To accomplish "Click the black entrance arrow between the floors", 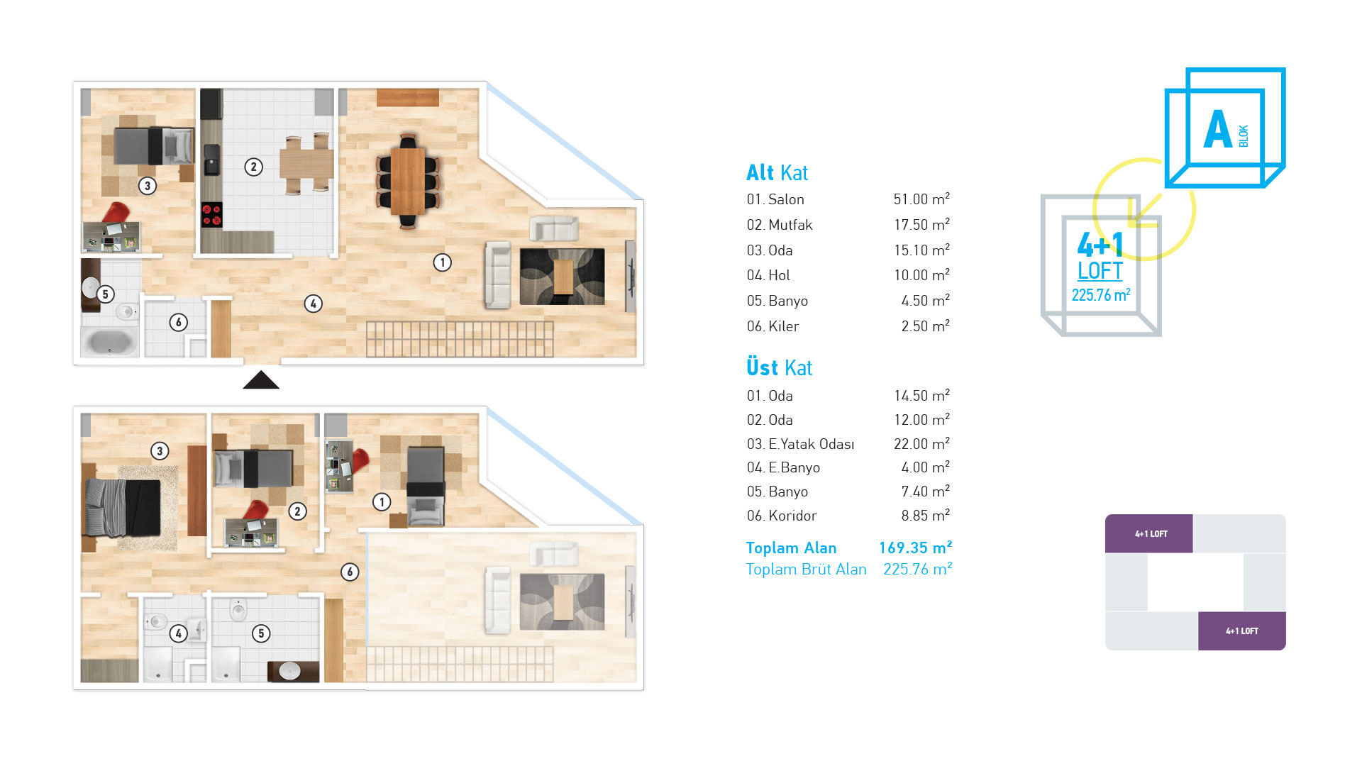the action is pyautogui.click(x=261, y=380).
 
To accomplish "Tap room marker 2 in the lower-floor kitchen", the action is pyautogui.click(x=253, y=167).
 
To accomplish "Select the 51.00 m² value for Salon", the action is pyautogui.click(x=921, y=199).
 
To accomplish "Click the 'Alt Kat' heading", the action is pyautogui.click(x=777, y=172).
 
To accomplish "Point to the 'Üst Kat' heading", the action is pyautogui.click(x=779, y=367).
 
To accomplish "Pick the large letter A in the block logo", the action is pyautogui.click(x=1218, y=129).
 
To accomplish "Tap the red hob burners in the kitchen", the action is pyautogui.click(x=211, y=215).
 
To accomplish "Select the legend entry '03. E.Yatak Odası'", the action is pyautogui.click(x=800, y=444).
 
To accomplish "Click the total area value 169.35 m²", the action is pyautogui.click(x=915, y=548).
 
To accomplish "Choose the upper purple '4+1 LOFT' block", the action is pyautogui.click(x=1149, y=533).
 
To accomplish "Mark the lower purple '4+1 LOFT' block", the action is pyautogui.click(x=1242, y=631).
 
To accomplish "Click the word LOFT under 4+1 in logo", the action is pyautogui.click(x=1100, y=271).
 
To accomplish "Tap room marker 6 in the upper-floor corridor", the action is pyautogui.click(x=350, y=572).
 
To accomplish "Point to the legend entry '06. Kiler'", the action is pyautogui.click(x=773, y=326).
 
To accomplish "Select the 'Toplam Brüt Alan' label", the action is pyautogui.click(x=806, y=569).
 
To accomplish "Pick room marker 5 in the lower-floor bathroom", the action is pyautogui.click(x=105, y=294).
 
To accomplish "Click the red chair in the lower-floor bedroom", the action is pyautogui.click(x=116, y=213).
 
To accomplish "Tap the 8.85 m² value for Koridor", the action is pyautogui.click(x=925, y=516).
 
